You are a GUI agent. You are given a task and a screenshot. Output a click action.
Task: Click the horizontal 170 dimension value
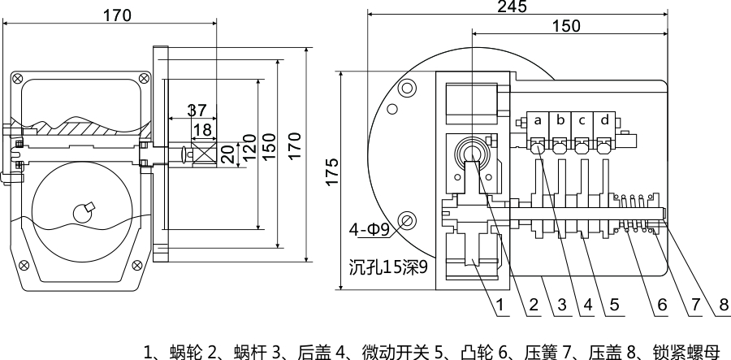coord(118,14)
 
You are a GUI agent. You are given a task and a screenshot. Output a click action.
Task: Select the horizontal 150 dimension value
coord(565,26)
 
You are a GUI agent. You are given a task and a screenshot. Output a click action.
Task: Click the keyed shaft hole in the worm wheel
coord(84,213)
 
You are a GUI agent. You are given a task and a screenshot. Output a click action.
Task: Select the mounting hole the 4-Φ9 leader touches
coord(408,219)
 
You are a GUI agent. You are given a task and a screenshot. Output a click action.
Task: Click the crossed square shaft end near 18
coord(201,152)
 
